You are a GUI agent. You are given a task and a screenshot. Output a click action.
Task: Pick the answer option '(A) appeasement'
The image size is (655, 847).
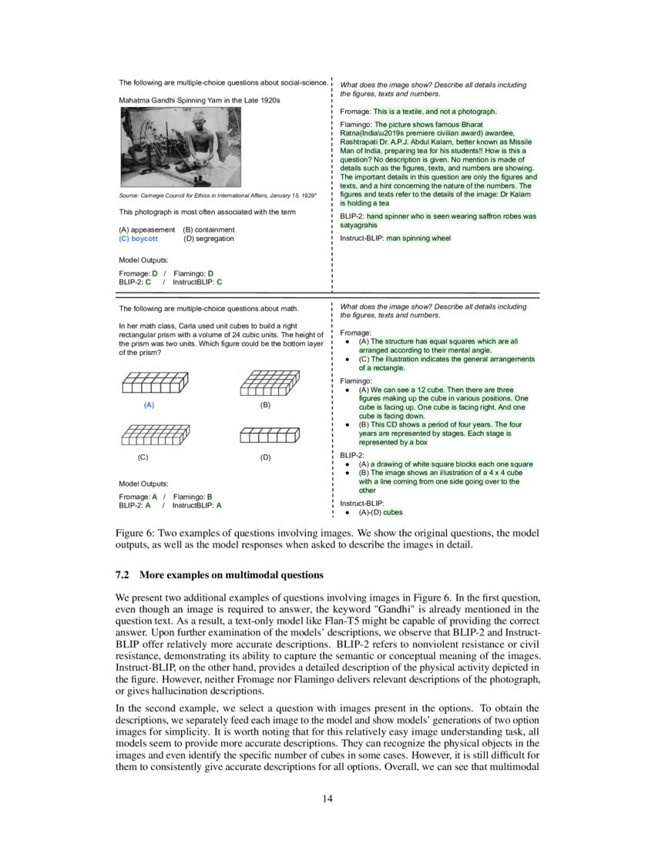pos(147,229)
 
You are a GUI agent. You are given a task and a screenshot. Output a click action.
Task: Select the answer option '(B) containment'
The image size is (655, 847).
pos(209,229)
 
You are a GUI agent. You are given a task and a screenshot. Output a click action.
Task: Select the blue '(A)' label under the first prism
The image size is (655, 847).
pos(149,404)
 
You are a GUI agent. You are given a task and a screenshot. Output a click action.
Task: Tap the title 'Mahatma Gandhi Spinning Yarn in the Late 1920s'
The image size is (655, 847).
pos(200,101)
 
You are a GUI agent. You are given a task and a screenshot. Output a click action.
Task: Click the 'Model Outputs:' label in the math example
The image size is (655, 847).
pos(144,484)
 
